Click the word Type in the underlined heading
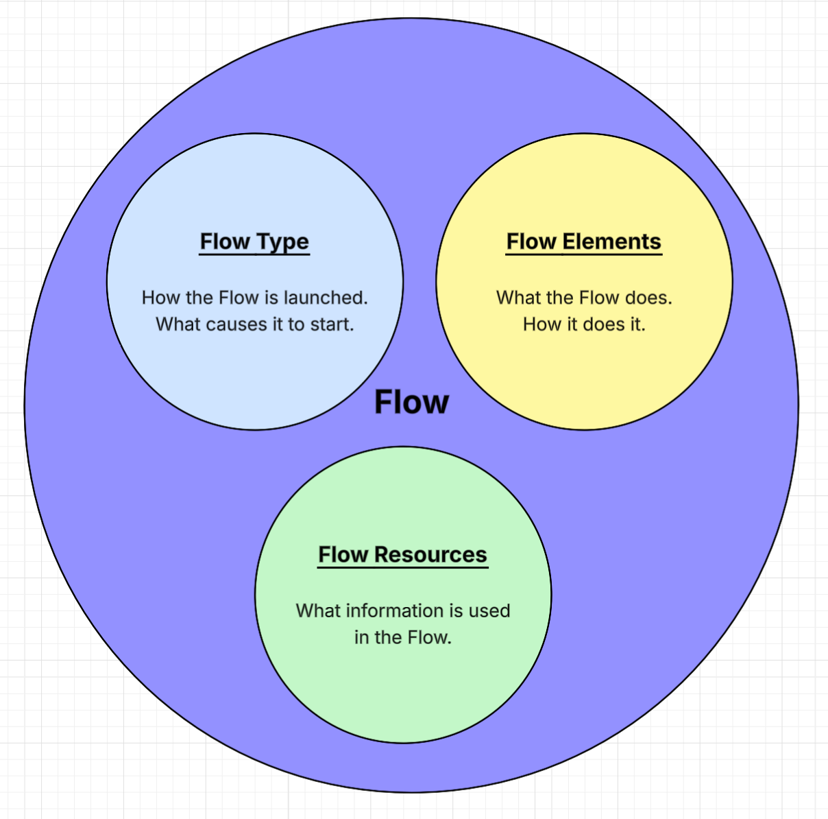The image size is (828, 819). pos(282,242)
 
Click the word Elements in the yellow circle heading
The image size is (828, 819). pos(611,241)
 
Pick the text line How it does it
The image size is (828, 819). pos(584,324)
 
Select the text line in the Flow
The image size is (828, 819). pos(402,637)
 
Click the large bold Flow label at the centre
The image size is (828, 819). pos(411,402)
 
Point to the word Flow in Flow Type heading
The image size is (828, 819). pos(225,241)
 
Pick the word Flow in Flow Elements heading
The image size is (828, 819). pos(531,241)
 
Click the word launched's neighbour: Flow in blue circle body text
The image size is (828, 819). pos(239,298)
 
